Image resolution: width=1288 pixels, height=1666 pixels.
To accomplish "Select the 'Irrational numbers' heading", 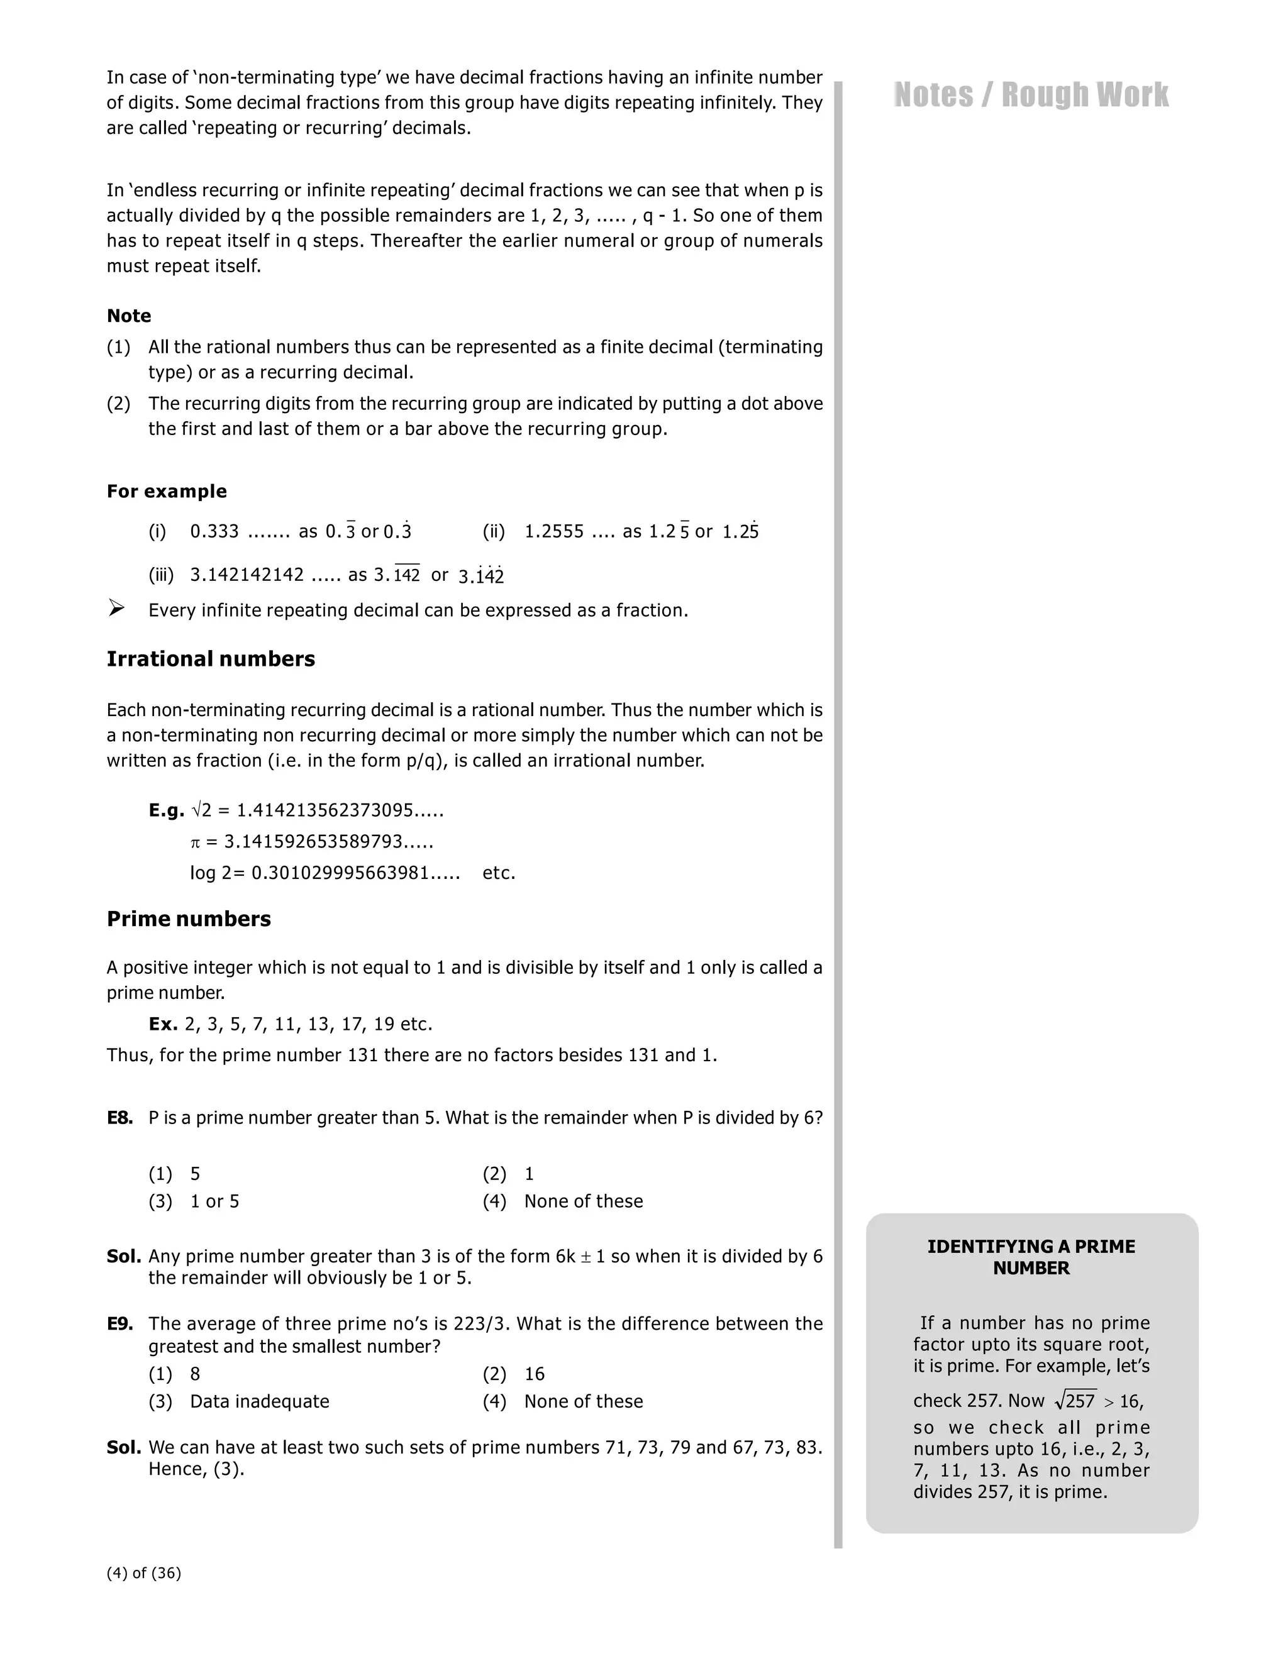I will click(x=211, y=659).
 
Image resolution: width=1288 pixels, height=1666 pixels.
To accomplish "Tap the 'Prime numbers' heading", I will click(x=189, y=919).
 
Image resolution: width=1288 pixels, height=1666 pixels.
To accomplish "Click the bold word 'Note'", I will click(x=129, y=316).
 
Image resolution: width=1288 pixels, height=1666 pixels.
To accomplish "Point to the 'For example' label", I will click(x=166, y=491).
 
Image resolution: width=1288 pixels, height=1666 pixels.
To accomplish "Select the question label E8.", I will click(x=119, y=1118).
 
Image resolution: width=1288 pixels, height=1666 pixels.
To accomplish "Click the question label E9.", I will click(x=119, y=1323).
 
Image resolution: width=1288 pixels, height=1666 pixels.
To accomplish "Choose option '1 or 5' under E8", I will click(x=214, y=1201).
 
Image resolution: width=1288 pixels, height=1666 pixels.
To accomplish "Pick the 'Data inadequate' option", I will click(x=260, y=1401).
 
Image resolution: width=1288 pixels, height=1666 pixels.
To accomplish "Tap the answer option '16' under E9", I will click(x=534, y=1374).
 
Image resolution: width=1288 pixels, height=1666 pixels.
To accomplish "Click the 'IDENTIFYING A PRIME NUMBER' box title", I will click(x=1031, y=1257).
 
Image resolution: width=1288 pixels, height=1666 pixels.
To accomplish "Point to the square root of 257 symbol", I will click(x=1075, y=1401).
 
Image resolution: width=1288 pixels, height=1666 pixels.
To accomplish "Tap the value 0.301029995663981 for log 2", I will click(x=355, y=873).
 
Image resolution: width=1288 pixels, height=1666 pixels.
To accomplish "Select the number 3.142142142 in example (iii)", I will click(x=247, y=575).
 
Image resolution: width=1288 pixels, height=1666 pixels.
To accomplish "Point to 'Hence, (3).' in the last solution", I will click(x=196, y=1469).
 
